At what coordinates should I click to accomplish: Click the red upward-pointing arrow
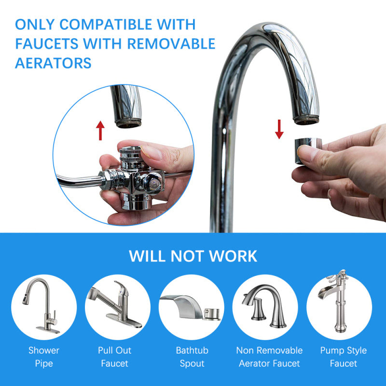pyautogui.click(x=100, y=131)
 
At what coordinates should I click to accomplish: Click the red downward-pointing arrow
pyautogui.click(x=279, y=129)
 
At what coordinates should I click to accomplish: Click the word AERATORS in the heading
pyautogui.click(x=53, y=63)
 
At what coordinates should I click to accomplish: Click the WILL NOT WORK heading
pyautogui.click(x=193, y=256)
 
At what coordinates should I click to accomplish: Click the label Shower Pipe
pyautogui.click(x=44, y=357)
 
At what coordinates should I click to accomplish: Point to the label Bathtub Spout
pyautogui.click(x=192, y=357)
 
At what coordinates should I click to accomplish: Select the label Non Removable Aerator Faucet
pyautogui.click(x=269, y=357)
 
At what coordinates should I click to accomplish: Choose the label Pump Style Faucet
pyautogui.click(x=344, y=357)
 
